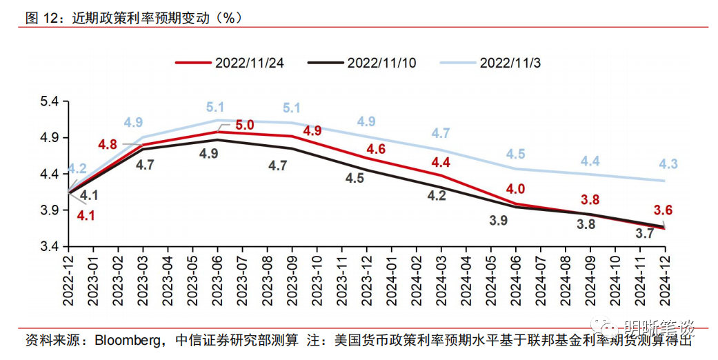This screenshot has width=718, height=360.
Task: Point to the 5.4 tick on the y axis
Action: coord(53,101)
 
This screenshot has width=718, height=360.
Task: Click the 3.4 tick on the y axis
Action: coord(53,246)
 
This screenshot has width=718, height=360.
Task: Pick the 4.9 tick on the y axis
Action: coord(53,138)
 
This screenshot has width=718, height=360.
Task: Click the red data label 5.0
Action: coord(245,126)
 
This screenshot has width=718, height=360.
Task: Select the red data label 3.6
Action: coord(664,210)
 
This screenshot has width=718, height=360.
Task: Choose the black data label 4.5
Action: coord(355,179)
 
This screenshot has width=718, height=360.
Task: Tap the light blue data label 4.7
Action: coord(440,133)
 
